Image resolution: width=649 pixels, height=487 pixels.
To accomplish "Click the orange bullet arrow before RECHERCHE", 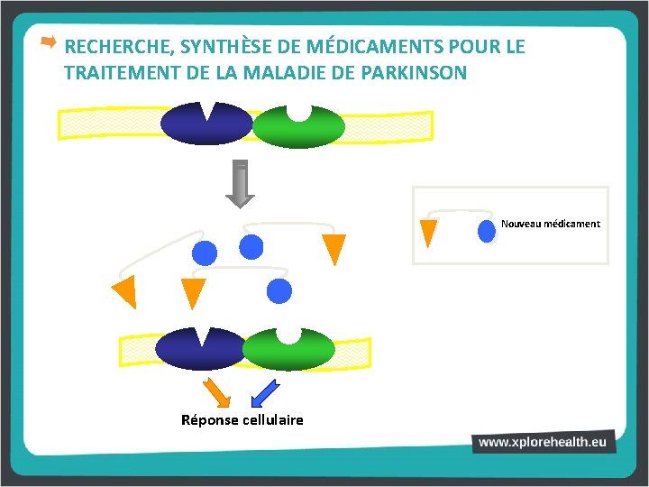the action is pos(49,42).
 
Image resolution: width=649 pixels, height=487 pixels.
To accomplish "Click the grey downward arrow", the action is pos(240,184).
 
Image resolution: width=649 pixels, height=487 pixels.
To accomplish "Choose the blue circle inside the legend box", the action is pos(488,231).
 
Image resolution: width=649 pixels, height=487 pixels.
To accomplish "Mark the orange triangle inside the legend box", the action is pos(429,232).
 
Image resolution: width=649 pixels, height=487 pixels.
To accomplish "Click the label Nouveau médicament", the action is pos(550,224).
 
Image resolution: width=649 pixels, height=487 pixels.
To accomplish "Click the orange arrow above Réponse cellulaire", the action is pos(217,393).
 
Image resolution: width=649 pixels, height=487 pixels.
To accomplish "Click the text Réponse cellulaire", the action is pos(242,420).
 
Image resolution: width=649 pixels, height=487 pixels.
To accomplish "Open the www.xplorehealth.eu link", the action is pos(544,442).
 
